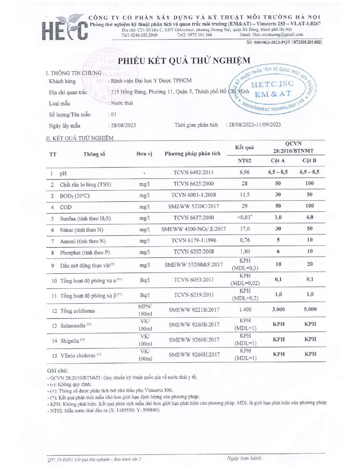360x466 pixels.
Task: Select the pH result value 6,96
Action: (244, 172)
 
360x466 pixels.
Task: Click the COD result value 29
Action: (244, 208)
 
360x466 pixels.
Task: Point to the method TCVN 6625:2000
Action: (193, 184)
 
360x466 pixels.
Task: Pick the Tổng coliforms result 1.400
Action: (244, 311)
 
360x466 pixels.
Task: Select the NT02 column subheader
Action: (244, 161)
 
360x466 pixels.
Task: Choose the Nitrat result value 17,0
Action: (244, 229)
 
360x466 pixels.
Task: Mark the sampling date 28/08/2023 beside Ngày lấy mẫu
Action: (122, 125)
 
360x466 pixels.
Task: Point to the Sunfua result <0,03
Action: (244, 217)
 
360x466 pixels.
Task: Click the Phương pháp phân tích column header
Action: (193, 153)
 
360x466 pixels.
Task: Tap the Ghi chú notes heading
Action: (57, 371)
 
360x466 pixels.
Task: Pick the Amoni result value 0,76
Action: (244, 241)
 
